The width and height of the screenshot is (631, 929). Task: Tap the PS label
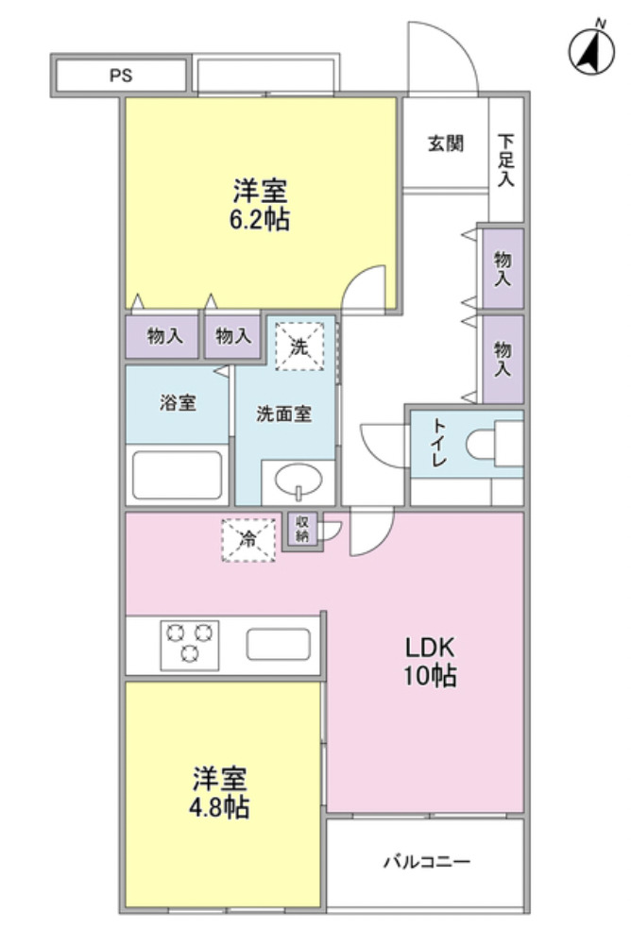pyautogui.click(x=121, y=76)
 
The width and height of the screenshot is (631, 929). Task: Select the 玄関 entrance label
pyautogui.click(x=445, y=144)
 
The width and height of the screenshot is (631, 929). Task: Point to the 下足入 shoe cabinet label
pyautogui.click(x=506, y=158)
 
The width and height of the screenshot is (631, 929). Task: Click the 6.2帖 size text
pyautogui.click(x=261, y=221)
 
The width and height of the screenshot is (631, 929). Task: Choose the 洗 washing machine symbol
pyautogui.click(x=298, y=346)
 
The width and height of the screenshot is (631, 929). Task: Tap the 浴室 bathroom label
pyautogui.click(x=177, y=403)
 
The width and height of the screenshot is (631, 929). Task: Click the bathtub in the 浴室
pyautogui.click(x=178, y=475)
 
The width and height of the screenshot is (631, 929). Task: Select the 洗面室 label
pyautogui.click(x=283, y=414)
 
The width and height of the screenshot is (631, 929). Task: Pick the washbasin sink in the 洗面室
pyautogui.click(x=298, y=482)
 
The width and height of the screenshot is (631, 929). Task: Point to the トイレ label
pyautogui.click(x=440, y=445)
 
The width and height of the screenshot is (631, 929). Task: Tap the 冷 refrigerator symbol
pyautogui.click(x=248, y=541)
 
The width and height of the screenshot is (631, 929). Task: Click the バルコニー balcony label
pyautogui.click(x=426, y=862)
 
